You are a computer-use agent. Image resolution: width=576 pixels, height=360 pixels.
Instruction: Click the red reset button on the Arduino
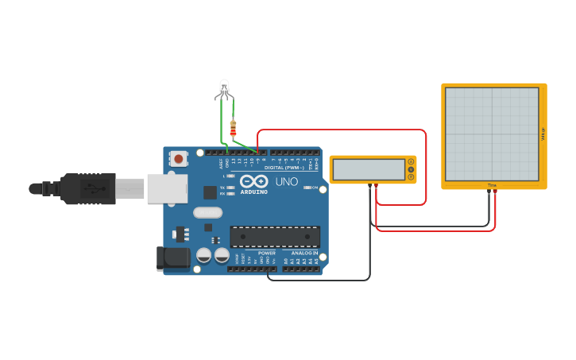pos(178,159)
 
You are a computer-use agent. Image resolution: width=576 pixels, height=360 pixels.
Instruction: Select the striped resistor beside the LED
pos(233,128)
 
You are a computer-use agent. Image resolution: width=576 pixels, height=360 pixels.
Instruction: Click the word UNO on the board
pos(286,182)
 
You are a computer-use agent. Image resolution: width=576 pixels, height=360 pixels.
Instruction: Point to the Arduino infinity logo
pos(253,182)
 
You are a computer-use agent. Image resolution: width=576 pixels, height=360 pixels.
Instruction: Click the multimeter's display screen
pos(369,169)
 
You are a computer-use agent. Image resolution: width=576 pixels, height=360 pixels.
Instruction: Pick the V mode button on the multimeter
pos(411,169)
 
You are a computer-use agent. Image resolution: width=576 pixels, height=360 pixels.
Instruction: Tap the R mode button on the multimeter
pos(411,176)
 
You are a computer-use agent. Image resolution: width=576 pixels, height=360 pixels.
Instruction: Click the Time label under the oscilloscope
pos(492,185)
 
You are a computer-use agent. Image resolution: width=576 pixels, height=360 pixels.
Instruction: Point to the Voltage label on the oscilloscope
pos(543,135)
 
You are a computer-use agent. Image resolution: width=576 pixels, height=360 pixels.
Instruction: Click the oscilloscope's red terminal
pos(495,192)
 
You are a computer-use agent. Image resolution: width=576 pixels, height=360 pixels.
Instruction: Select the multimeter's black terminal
pos(369,186)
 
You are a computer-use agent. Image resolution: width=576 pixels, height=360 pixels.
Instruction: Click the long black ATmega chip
pos(275,236)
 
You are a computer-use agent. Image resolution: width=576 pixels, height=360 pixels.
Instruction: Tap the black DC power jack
pos(174,257)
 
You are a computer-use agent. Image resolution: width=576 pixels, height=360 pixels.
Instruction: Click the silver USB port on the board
pos(167,188)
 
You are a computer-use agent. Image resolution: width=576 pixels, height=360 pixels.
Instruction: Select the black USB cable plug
pos(87,188)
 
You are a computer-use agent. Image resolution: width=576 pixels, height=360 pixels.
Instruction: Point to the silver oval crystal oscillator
pos(207,212)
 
